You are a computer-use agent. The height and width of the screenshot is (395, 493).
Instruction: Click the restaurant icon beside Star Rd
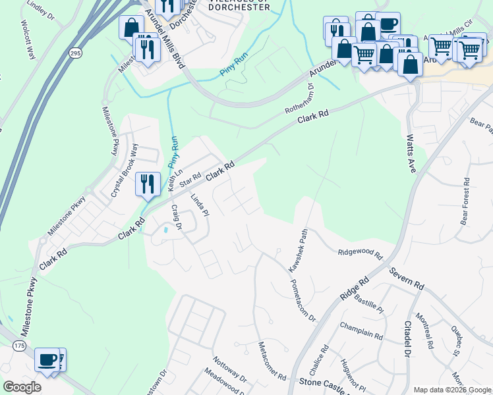pos(146,184)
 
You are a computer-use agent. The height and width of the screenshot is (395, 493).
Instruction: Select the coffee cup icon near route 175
pos(46,359)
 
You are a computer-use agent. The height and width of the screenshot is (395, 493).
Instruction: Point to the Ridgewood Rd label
pos(360,252)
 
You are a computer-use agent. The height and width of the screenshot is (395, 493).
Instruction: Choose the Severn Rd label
pos(405,279)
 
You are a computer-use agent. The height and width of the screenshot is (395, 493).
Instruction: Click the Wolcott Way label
pos(28,43)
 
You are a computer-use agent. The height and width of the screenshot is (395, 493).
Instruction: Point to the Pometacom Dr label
pos(303,300)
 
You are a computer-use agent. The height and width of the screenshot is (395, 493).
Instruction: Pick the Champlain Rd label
pos(362,331)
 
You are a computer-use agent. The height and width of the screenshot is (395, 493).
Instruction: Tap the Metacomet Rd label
pos(272,361)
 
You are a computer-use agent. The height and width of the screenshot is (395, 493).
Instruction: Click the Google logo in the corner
pos(22,386)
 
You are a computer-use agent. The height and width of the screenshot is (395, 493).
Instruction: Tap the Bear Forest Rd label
pos(465,198)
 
